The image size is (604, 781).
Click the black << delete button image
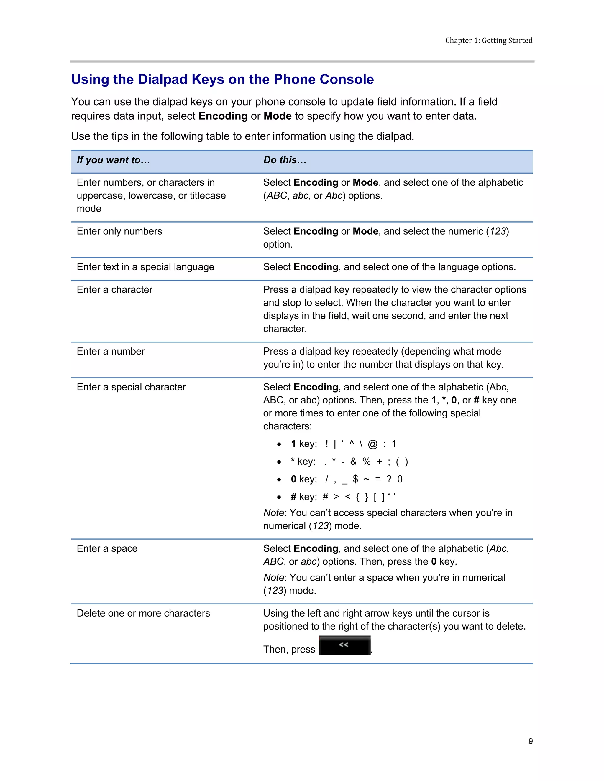pos(344,645)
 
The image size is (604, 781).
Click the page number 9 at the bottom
pos(530,741)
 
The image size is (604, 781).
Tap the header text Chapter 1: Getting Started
pos(488,40)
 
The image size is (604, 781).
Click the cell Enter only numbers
pos(119,231)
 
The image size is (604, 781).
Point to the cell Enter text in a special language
pos(145,267)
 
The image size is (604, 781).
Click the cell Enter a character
pos(114,289)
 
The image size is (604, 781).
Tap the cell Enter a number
pos(111,351)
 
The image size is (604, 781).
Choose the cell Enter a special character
pos(131,387)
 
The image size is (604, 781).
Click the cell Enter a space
pos(107,548)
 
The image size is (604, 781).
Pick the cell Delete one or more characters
pos(143,613)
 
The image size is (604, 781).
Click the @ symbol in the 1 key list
pos(372,444)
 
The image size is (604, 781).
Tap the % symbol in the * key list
pos(366,462)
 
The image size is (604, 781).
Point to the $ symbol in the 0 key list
pos(355,479)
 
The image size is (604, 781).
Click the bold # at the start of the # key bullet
pos(293,497)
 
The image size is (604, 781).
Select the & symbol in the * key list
pos(353,462)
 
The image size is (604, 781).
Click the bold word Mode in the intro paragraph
pos(277,116)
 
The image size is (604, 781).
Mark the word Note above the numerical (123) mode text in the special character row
pos(273,513)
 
